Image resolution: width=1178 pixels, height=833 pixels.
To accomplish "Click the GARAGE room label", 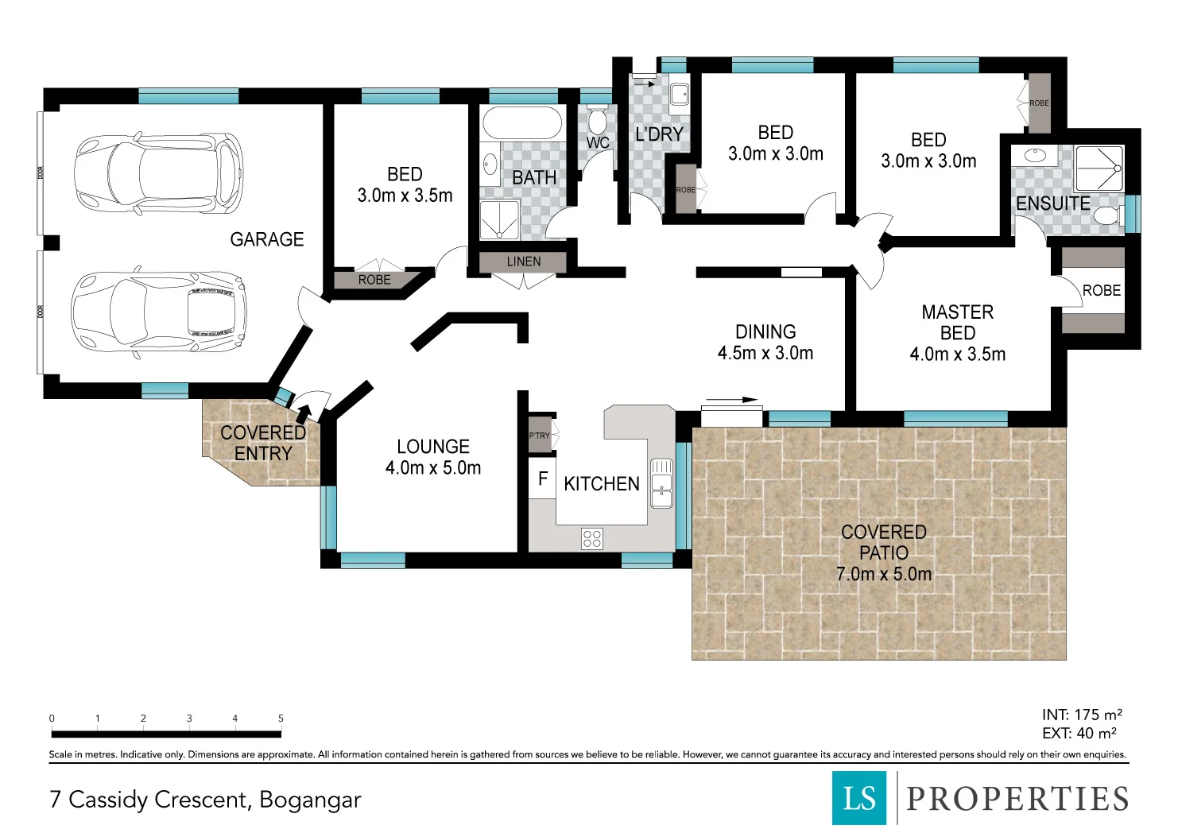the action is pos(266,239).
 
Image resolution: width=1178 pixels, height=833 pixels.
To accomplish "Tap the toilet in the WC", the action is pos(597,121).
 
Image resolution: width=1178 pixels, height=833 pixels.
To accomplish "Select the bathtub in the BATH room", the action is pos(521,123).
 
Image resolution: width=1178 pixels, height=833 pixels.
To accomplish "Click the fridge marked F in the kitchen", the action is pos(542,478).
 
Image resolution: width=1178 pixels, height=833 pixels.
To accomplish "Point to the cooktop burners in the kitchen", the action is pos(592,539).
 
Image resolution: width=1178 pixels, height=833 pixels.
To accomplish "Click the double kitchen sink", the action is pos(661,483).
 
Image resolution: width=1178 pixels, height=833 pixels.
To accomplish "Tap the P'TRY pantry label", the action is pos(539,436).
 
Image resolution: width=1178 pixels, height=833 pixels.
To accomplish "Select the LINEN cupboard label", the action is pos(523,262).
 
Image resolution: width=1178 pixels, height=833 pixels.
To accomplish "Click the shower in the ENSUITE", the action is pos(1099,169).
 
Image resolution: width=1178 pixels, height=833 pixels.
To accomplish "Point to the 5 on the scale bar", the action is pos(281,719).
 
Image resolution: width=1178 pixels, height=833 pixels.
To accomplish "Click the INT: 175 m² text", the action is pos(1082,715).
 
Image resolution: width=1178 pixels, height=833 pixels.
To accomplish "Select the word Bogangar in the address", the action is pos(310,800).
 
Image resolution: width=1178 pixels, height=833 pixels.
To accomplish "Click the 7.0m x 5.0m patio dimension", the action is pos(884,573).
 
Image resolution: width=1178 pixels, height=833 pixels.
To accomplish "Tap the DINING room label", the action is pos(765,331).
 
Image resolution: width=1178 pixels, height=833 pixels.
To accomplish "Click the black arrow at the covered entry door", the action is pos(304,413).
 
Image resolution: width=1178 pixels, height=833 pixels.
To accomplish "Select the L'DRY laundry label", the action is pos(659,134).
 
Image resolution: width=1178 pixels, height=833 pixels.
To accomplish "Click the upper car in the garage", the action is pos(159,173).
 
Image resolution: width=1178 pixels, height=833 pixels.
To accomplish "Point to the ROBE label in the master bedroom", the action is pos(1101,290).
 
